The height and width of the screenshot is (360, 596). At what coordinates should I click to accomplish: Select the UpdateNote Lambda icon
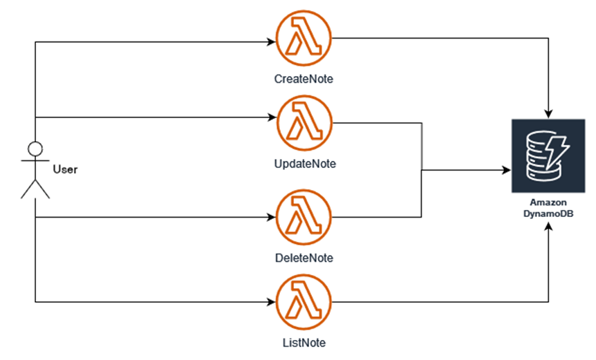pos(303,123)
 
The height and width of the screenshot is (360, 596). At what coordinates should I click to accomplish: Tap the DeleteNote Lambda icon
pos(303,218)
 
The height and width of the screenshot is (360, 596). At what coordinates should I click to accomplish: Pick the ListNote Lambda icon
pos(303,301)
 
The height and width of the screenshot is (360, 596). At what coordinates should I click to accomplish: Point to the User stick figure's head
pos(35,149)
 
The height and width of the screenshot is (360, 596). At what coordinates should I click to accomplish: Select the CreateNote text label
pos(303,79)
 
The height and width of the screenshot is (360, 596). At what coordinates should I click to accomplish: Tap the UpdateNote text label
pos(304,164)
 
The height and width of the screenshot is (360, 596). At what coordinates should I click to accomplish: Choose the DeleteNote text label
pos(304,258)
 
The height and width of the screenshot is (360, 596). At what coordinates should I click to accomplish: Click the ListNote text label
pos(303,342)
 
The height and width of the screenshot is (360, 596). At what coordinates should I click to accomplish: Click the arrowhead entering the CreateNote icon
pos(270,41)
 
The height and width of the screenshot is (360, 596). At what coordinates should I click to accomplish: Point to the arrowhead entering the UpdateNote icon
pos(270,117)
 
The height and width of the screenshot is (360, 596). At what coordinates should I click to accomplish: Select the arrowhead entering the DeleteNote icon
pos(270,218)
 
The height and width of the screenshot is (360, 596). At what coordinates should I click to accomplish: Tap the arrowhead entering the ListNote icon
pos(270,302)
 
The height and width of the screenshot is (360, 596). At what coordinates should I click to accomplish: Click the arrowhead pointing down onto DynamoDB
pos(549,113)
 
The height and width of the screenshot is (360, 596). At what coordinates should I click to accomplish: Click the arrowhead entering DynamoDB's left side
pos(506,169)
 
